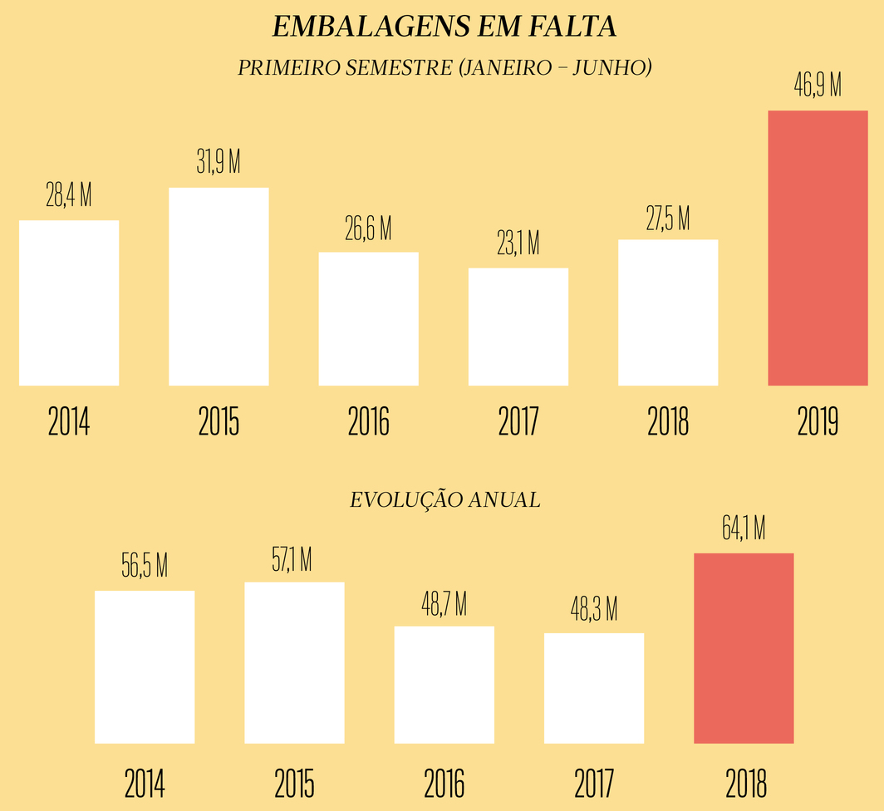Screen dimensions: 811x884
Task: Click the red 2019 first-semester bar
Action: point(818,248)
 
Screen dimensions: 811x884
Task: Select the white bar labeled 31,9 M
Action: point(219,287)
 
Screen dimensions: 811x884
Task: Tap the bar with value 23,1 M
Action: point(518,327)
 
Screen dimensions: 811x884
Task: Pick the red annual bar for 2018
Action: point(744,648)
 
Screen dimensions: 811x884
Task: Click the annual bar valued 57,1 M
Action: point(294,662)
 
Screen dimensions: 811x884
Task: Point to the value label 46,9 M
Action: point(818,86)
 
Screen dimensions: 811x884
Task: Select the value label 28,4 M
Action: point(69,196)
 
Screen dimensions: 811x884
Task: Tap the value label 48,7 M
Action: point(444,603)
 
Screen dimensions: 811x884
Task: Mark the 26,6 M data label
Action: point(368,229)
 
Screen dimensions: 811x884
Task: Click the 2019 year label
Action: point(818,422)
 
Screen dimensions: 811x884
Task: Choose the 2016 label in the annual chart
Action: point(444,783)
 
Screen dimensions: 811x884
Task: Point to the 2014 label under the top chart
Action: point(69,422)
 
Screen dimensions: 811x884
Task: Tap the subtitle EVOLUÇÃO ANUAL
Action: point(444,500)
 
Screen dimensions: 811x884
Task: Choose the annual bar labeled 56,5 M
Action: point(145,666)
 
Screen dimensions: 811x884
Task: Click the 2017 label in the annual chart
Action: point(594,783)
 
